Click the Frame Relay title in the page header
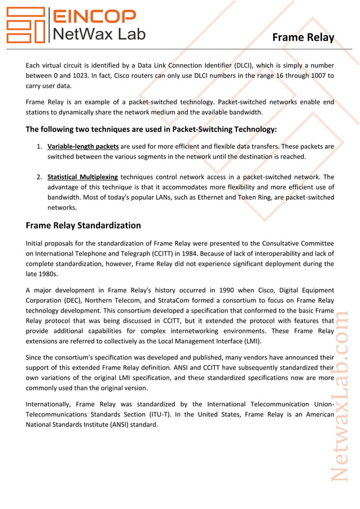coord(303,38)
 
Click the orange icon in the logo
coord(25,25)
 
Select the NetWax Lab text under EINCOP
coord(98,34)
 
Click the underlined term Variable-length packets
coord(83,146)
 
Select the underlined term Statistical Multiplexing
coord(82,177)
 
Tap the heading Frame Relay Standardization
coord(84,226)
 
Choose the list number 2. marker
coord(40,177)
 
